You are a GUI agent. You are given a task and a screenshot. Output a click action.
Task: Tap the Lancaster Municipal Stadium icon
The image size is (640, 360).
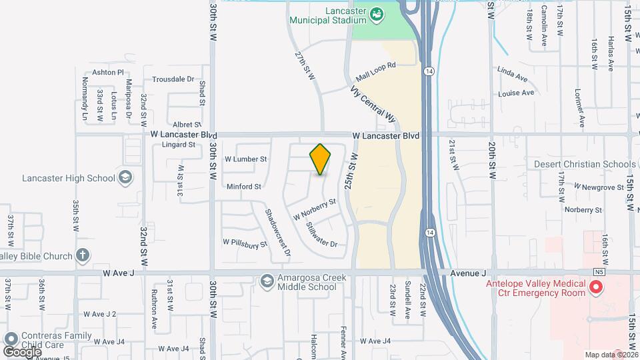pos(376,13)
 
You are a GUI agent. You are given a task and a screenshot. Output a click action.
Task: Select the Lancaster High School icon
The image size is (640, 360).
pos(125,177)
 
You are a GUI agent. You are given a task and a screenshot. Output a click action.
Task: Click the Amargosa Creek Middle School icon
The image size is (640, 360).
pos(267,281)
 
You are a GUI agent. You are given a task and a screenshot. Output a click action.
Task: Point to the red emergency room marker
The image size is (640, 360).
pos(596,288)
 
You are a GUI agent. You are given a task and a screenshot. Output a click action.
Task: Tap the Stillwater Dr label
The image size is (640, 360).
pos(321,234)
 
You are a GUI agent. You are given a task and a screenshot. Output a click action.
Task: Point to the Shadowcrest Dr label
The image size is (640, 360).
pos(277,233)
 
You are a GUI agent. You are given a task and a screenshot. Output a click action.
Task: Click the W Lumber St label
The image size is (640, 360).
pos(245,159)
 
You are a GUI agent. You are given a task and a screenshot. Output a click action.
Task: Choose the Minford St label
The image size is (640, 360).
pos(243,187)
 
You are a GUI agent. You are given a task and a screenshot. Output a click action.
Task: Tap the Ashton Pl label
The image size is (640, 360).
pos(108,72)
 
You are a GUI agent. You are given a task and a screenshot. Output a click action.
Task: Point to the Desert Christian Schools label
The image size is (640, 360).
pos(585,164)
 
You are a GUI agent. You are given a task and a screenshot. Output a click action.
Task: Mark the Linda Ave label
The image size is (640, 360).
pos(512,70)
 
